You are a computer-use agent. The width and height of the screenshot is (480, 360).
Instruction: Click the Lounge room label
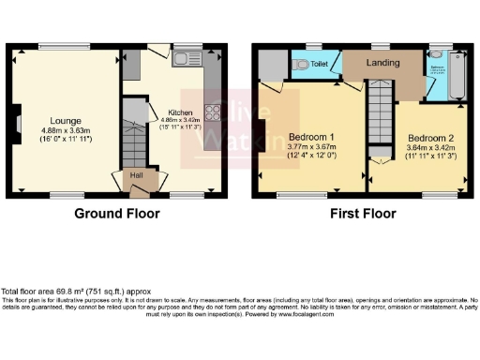(x=66, y=120)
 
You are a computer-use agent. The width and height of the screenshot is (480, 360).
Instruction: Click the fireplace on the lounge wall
(x=16, y=122)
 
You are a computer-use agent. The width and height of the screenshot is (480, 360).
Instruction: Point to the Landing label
(x=382, y=63)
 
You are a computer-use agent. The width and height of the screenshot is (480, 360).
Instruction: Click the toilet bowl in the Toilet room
(x=299, y=64)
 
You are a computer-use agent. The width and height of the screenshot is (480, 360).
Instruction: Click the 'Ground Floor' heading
(x=117, y=213)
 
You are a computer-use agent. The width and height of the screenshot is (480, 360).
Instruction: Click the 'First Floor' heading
(x=361, y=213)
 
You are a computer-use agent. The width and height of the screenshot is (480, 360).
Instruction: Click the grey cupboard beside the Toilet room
(x=271, y=64)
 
